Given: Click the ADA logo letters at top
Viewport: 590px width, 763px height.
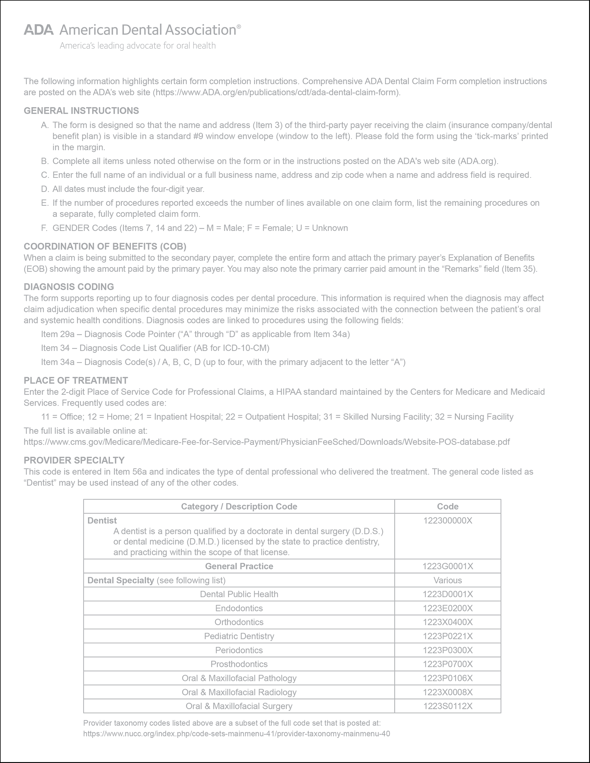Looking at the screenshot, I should [39, 30].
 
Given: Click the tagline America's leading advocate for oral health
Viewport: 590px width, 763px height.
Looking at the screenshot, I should [138, 46].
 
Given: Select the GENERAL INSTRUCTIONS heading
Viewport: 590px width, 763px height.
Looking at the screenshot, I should [81, 111].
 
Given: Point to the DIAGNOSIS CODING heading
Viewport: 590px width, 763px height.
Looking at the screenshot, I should [69, 286].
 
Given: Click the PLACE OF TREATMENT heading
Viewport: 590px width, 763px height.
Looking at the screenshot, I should [76, 380].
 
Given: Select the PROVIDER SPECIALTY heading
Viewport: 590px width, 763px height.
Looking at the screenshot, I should [74, 460].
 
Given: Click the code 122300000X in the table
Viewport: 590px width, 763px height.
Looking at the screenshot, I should [448, 520].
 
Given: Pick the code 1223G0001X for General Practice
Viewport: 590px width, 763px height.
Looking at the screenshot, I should [448, 566].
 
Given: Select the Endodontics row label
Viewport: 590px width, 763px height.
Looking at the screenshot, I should [239, 608].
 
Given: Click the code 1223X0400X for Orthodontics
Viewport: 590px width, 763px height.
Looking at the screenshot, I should [448, 622].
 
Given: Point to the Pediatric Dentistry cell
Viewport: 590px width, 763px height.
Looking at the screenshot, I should [239, 636].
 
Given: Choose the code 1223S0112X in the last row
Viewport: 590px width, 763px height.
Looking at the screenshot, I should [448, 706].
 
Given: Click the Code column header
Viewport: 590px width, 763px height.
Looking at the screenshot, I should [448, 507].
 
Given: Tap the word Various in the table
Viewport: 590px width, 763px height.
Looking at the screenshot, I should [448, 580].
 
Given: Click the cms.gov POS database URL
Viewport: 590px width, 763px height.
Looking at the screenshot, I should [267, 442].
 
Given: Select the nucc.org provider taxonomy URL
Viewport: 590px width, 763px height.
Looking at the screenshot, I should [236, 734].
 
